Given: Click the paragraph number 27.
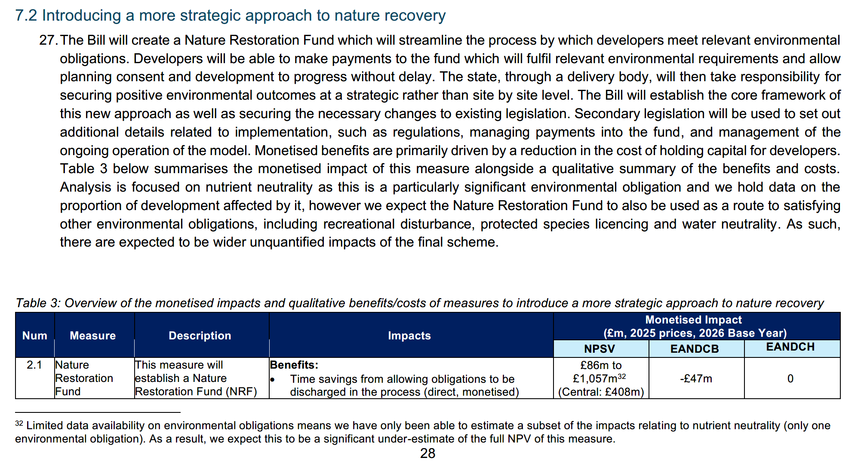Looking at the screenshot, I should tap(48, 40).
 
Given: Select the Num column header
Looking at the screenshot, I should tap(35, 336).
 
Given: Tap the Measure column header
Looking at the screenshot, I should tap(92, 336).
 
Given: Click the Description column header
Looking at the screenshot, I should tap(200, 336).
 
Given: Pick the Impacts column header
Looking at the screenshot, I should tap(409, 336).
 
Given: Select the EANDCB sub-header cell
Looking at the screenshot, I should tap(695, 349).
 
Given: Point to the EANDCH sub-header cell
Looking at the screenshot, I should tap(790, 347).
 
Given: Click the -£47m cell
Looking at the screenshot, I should tap(696, 378).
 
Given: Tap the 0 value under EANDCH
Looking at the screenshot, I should tap(790, 378).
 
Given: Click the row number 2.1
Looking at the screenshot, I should tap(34, 365).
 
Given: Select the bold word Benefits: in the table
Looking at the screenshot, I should tap(294, 365).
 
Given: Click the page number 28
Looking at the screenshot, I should tap(427, 454).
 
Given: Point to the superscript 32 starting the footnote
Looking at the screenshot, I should tap(19, 424).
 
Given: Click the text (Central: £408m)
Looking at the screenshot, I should tap(601, 392).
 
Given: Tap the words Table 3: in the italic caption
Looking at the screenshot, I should tap(38, 303).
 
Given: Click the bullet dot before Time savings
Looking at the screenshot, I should tap(272, 379).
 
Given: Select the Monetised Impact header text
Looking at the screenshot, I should tap(693, 320).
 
